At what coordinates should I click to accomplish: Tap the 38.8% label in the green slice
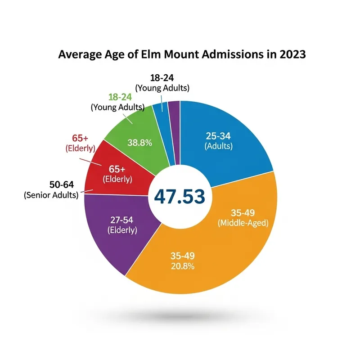point(139,143)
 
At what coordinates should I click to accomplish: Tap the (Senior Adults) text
point(50,195)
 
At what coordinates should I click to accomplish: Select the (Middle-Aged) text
point(243,222)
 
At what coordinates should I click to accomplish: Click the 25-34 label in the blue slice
point(218,136)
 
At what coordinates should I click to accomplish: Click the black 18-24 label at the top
point(162,78)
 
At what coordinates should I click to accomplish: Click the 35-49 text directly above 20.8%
point(182,256)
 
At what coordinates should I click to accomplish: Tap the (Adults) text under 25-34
point(218,146)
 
